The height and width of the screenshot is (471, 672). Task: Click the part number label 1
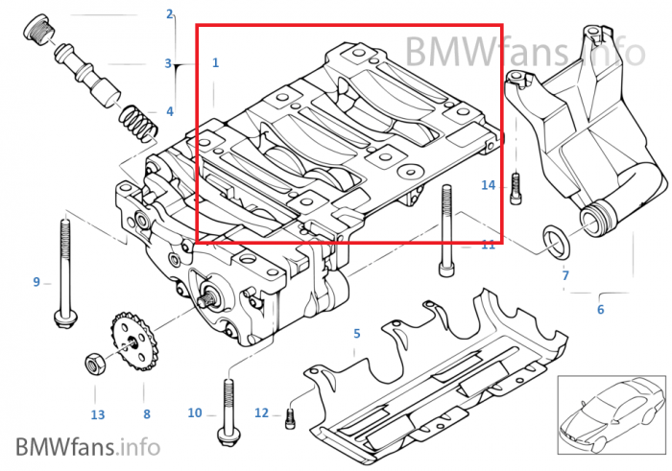(x=216, y=62)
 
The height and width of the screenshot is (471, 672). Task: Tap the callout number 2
(x=170, y=14)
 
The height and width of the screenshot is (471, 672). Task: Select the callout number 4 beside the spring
(x=170, y=111)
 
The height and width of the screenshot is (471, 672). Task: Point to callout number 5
(x=357, y=334)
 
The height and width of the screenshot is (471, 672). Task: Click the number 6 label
(x=601, y=309)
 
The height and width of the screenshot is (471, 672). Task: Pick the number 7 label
(x=565, y=276)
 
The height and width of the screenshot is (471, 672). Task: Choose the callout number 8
(x=147, y=414)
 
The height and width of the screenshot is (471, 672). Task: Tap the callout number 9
(x=36, y=282)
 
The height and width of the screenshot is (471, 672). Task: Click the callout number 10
(x=195, y=413)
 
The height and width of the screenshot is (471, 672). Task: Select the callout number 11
(x=489, y=245)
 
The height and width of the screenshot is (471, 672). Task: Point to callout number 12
(x=262, y=413)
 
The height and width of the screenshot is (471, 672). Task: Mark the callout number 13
(x=97, y=414)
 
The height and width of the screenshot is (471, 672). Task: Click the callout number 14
(x=488, y=185)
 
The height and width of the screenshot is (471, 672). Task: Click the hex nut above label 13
(x=96, y=363)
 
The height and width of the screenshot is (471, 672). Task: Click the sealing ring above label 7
(x=554, y=240)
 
